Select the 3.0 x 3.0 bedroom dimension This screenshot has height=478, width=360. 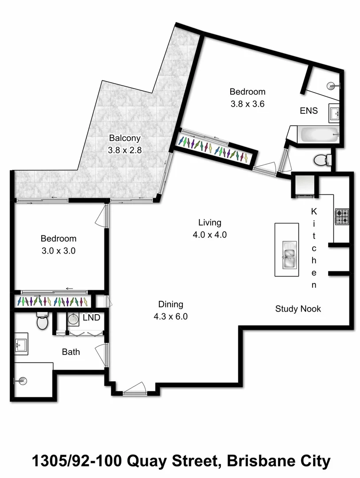coord(58,251)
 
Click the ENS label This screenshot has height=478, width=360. coord(308,111)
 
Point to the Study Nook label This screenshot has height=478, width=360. coord(298,309)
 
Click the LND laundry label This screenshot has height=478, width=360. coord(91,318)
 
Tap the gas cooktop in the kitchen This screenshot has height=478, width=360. coord(342,217)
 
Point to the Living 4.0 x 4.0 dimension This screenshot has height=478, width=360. coord(209,235)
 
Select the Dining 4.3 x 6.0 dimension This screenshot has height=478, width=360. coord(171,317)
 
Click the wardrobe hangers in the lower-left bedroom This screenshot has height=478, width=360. coord(52,302)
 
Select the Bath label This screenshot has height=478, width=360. coord(71,352)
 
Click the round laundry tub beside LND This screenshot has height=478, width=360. coord(74,320)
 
